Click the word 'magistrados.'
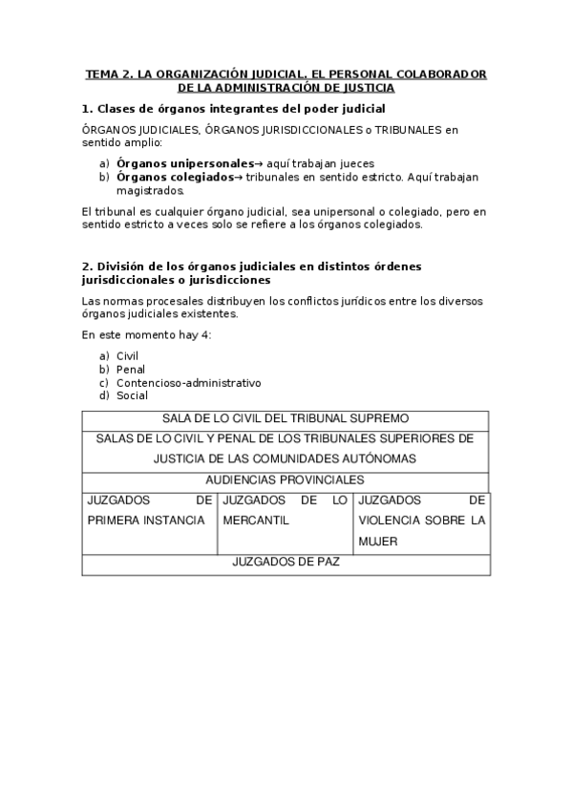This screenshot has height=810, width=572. point(150,190)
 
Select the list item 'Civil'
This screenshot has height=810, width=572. point(127,355)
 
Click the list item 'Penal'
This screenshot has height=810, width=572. point(130,369)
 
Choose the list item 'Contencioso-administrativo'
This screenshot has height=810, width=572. point(188,382)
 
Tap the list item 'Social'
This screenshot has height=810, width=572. point(132,395)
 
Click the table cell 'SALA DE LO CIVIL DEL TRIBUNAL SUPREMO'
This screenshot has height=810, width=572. point(286,418)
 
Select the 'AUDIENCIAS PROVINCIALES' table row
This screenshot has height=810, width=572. point(286,480)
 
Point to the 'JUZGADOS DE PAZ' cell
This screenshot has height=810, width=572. point(286,562)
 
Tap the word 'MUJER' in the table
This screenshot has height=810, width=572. point(377,541)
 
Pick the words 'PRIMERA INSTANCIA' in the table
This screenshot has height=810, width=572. point(146,521)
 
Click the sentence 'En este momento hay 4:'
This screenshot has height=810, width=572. point(146,334)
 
